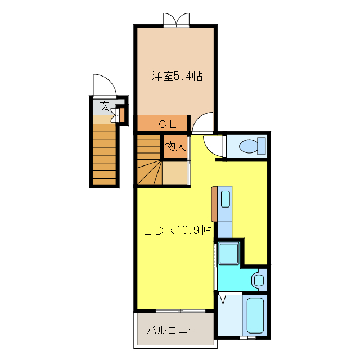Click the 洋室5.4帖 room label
tap(176, 76)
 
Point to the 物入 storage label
tap(175, 146)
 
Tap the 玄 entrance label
tap(105, 106)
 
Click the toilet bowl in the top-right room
tap(251, 146)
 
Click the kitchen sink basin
tap(225, 199)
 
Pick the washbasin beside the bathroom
tap(259, 280)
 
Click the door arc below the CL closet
tap(203, 123)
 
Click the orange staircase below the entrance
tap(104, 152)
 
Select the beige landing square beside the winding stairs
tap(174, 173)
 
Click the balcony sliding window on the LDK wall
tap(175, 310)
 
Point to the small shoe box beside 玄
tap(120, 114)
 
